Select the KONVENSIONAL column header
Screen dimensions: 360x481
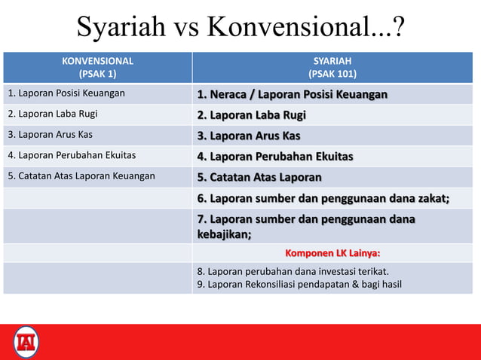click(97, 61)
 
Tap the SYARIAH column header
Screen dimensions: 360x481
click(332, 61)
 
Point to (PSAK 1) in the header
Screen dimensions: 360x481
click(97, 74)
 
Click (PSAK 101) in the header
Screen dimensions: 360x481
click(332, 74)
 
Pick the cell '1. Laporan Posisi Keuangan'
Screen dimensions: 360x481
click(66, 94)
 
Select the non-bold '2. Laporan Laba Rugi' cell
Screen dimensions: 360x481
click(53, 114)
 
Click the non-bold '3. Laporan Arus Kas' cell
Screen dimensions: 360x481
click(51, 135)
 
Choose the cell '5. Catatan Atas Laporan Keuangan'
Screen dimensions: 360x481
click(81, 176)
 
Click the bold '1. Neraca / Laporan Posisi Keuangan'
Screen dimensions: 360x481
click(293, 95)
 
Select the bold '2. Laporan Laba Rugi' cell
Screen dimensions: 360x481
click(251, 115)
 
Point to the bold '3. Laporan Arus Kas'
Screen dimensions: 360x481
click(249, 136)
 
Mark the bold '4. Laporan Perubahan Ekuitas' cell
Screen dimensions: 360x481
click(275, 157)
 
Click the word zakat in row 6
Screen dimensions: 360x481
click(431, 198)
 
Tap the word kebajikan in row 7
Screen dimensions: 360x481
click(223, 233)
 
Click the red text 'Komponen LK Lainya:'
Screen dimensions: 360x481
click(332, 253)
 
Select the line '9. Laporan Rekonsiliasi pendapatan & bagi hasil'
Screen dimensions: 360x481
click(299, 284)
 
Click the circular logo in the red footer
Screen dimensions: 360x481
click(26, 342)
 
